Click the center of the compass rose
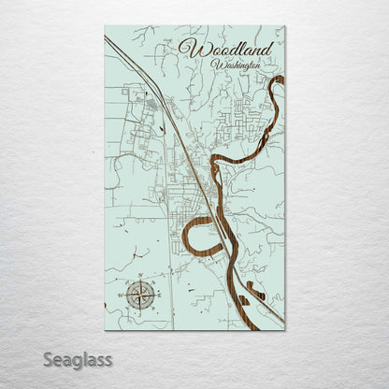[141, 296]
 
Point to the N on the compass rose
[141, 280]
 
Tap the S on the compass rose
[141, 313]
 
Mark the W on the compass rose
[124, 296]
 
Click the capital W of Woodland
[191, 49]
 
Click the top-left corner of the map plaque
[106, 26]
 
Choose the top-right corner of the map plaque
[284, 26]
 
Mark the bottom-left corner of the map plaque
[106, 329]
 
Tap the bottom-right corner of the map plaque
[284, 329]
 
